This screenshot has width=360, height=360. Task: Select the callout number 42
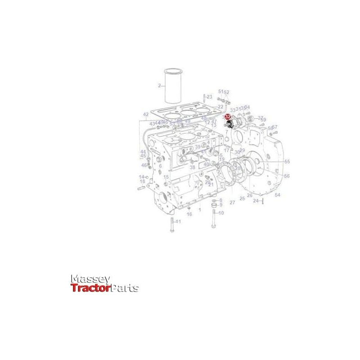click(146, 114)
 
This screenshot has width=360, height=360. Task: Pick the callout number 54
click(278, 195)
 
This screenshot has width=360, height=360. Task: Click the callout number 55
click(287, 162)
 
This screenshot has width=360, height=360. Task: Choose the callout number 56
click(287, 176)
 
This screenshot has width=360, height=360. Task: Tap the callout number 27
click(232, 202)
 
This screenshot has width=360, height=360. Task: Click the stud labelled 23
click(204, 98)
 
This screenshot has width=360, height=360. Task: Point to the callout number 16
click(189, 214)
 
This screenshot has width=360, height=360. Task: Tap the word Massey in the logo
click(90, 280)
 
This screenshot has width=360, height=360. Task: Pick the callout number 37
click(261, 117)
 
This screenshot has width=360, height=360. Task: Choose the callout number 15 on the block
click(166, 177)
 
